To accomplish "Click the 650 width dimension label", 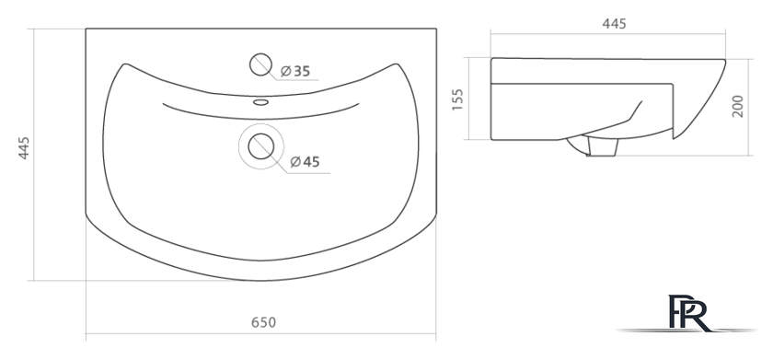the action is pos(264,322).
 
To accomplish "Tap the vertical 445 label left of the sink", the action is pos(24,148).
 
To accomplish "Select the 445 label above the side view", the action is pos(615,24).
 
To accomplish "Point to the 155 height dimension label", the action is pos(457,99).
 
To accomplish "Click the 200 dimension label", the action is pos(737,106).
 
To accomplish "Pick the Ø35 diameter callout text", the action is pos(295,72).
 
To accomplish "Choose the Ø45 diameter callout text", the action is pos(306,161).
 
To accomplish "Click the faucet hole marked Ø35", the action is pos(260,64).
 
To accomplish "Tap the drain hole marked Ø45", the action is pos(260,146).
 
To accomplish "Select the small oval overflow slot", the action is pos(260,102).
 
